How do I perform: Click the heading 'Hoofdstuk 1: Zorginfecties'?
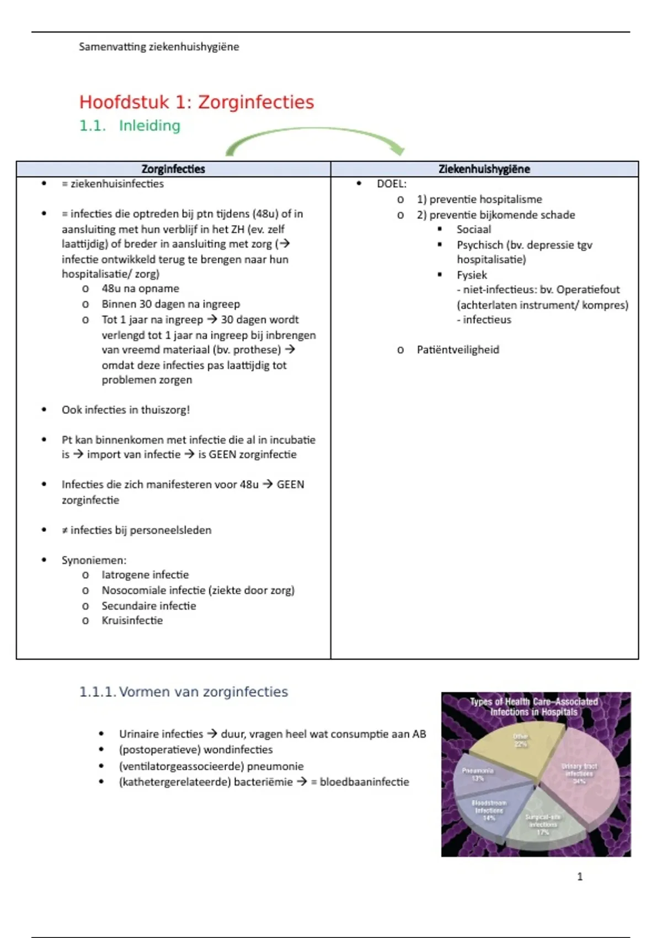point(196,102)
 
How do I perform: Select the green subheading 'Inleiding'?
point(150,126)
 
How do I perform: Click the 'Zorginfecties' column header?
point(173,169)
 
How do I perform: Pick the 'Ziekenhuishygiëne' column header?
point(484,169)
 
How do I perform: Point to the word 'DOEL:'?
point(392,184)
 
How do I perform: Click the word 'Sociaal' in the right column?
point(473,230)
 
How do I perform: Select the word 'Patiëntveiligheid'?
point(458,350)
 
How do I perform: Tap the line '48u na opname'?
point(140,289)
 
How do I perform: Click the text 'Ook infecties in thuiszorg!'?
point(126,410)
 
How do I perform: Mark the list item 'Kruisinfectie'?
point(132,621)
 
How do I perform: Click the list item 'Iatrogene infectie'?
point(145,575)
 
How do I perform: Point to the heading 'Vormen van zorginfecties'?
point(204,692)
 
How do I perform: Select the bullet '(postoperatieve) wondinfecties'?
point(196,750)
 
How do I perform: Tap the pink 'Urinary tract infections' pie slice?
point(576,772)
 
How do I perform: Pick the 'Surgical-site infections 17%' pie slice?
point(543,822)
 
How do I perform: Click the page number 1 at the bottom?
point(580,877)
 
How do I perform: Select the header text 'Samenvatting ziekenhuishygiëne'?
point(159,47)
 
